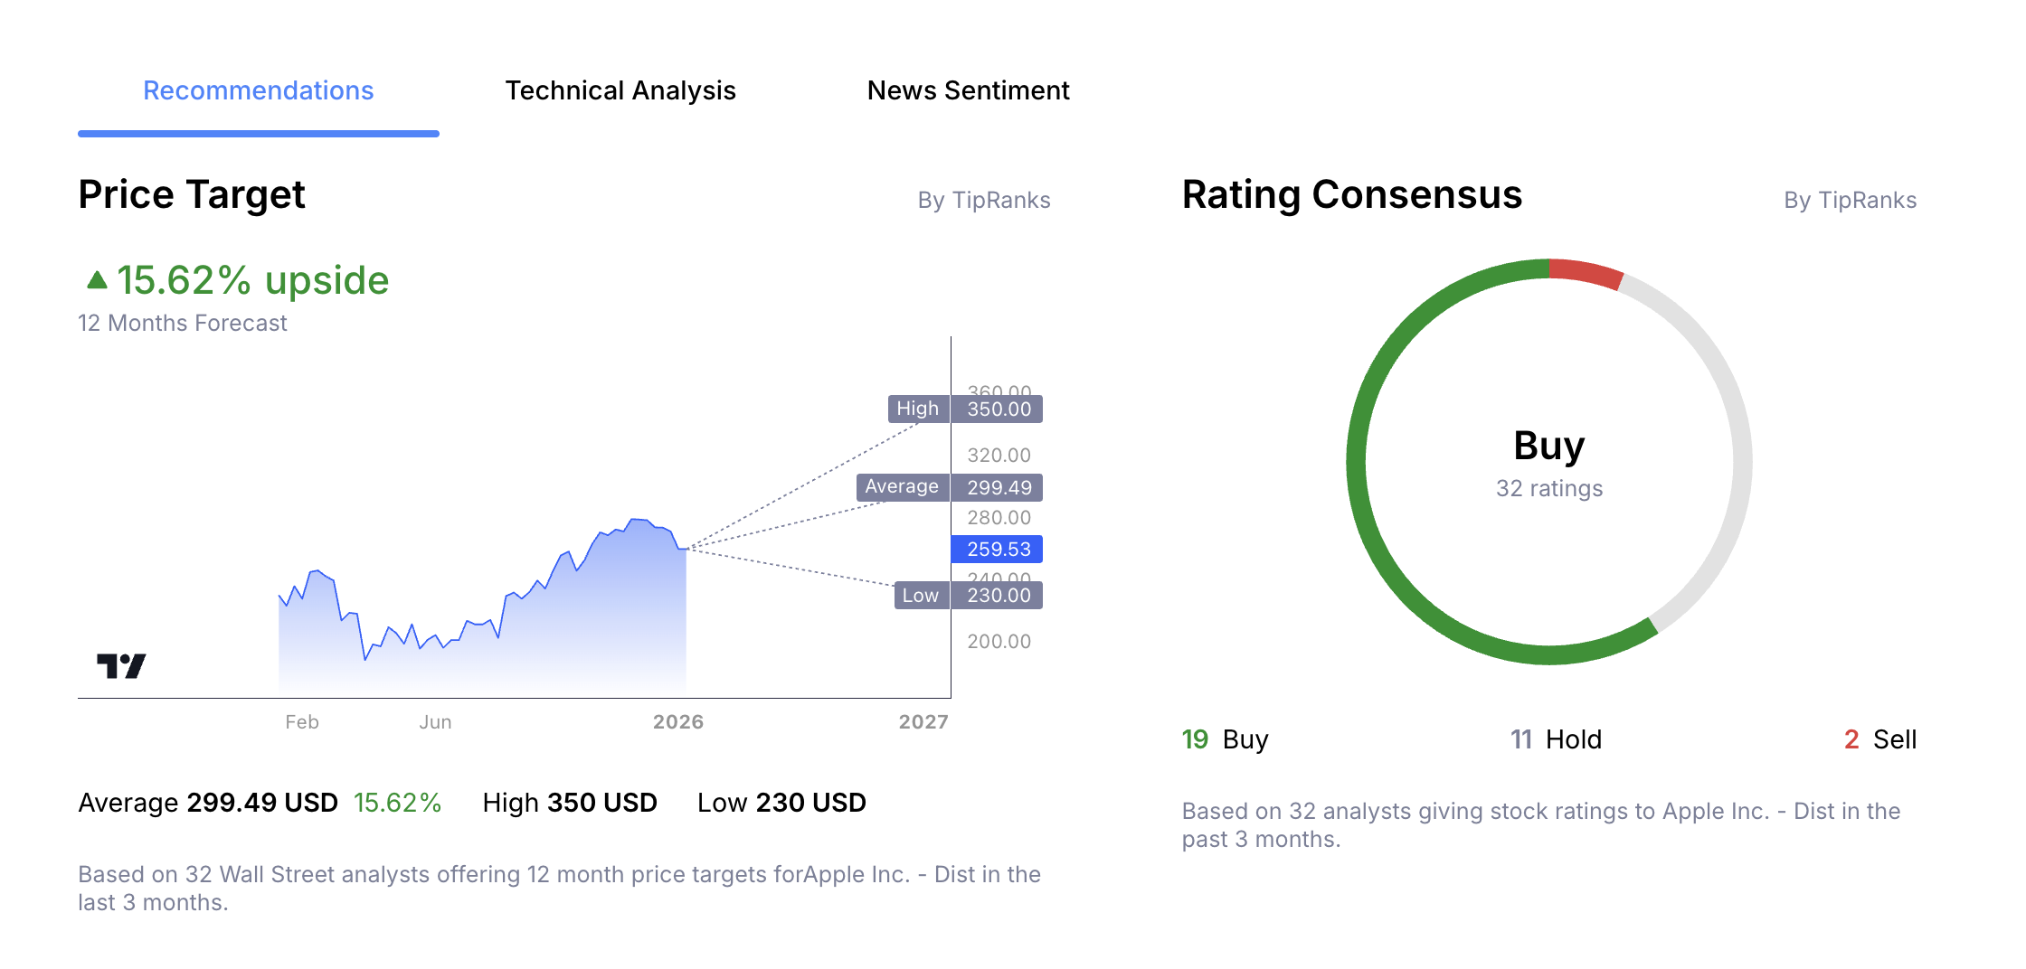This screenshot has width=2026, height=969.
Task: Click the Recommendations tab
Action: click(x=258, y=90)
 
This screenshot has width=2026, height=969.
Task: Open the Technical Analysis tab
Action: click(x=620, y=90)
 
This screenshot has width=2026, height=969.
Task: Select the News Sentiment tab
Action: click(x=968, y=90)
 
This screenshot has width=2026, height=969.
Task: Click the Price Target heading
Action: click(x=192, y=195)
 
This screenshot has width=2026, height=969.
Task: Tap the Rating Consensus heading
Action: click(x=1351, y=195)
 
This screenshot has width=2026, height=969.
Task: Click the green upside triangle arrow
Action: click(x=97, y=279)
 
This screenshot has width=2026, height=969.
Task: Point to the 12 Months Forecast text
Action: click(x=183, y=324)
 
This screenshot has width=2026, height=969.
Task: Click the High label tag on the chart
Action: click(x=917, y=409)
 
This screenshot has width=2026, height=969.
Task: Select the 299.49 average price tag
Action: click(x=999, y=487)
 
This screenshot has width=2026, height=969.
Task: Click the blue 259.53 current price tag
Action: click(x=998, y=549)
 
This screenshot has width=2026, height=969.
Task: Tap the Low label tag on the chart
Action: click(x=920, y=595)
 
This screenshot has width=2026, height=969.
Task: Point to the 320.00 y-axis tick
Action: click(x=999, y=456)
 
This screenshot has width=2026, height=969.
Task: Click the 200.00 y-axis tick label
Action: click(x=999, y=642)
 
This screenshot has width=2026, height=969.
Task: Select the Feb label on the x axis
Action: click(x=301, y=722)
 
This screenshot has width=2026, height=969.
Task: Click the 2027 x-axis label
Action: click(x=923, y=722)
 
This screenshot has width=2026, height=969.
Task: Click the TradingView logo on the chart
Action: click(x=121, y=666)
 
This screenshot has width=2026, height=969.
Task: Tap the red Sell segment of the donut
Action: click(x=1586, y=273)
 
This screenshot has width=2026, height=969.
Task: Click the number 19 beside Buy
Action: click(x=1195, y=739)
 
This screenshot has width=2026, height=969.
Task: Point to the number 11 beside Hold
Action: click(x=1520, y=739)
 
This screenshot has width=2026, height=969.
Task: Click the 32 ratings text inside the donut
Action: click(x=1548, y=489)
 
